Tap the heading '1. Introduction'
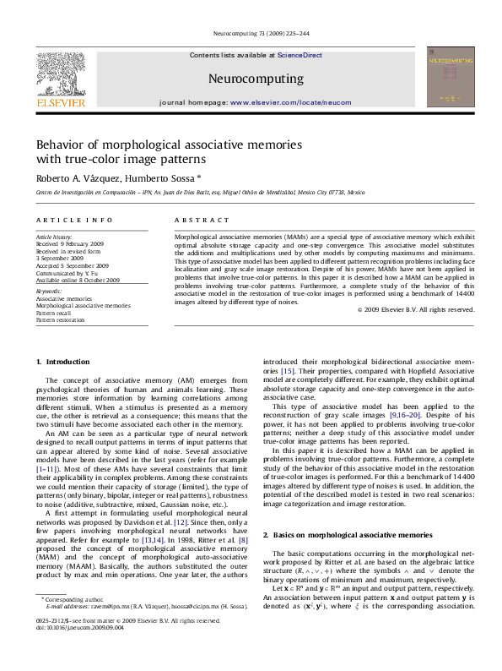(x=62, y=363)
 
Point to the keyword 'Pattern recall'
(x=55, y=313)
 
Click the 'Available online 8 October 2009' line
(x=78, y=280)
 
